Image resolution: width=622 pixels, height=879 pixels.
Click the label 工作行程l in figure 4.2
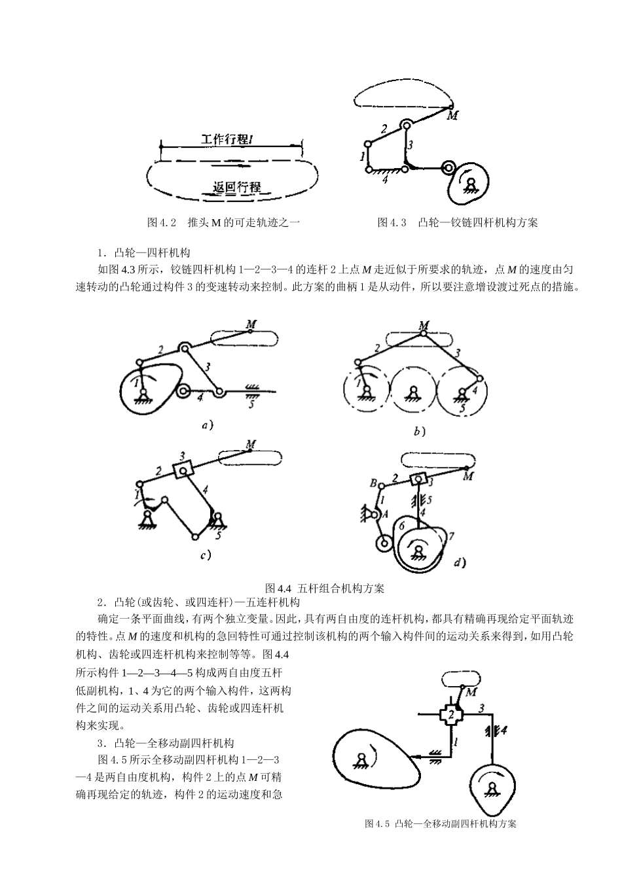227,139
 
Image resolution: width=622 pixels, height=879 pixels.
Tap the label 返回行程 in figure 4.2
236,187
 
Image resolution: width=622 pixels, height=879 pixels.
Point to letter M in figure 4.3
452,116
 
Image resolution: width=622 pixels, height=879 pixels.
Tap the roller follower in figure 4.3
448,168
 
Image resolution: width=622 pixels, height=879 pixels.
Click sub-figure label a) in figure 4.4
207,425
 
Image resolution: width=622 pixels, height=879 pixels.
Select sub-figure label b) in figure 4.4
419,431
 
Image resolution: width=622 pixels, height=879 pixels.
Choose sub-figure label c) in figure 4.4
205,555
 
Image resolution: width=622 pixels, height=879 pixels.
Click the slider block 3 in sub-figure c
184,467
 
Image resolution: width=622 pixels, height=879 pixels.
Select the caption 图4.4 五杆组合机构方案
324,587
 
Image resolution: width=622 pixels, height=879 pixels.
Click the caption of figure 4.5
441,824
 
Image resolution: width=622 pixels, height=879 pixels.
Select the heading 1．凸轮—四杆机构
144,252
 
